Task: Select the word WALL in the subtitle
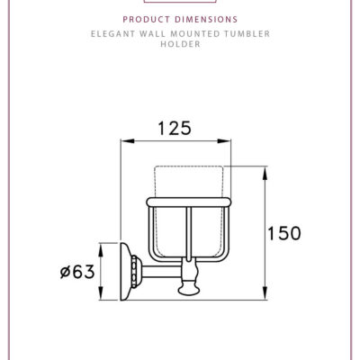(x=152, y=33)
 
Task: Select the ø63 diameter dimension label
(x=77, y=270)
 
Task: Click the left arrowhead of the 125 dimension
(x=124, y=141)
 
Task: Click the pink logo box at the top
(x=180, y=3)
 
